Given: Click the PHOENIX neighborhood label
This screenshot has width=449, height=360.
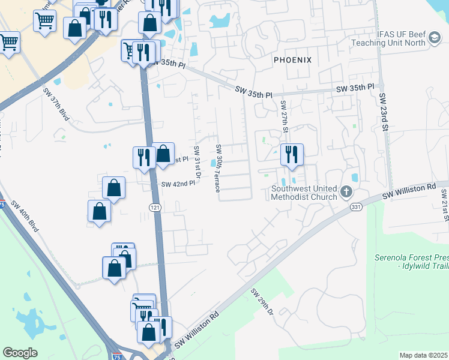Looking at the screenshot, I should tap(292, 60).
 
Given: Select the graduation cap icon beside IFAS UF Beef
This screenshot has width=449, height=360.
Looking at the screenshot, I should tap(433, 40).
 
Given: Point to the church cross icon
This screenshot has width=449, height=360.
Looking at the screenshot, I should tap(346, 192).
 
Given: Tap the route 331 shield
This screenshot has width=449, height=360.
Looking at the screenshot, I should tap(355, 206).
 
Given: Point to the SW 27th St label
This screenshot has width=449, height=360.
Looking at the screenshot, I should tap(285, 118).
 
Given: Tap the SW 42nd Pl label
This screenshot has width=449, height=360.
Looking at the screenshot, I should tap(178, 184).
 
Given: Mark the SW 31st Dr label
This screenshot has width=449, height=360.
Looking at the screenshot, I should tap(196, 161).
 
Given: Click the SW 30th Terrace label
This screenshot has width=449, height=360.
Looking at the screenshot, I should tap(218, 169).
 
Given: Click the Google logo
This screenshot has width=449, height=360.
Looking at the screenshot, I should tap(20, 353).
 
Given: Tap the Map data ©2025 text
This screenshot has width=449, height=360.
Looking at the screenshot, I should tap(423, 355).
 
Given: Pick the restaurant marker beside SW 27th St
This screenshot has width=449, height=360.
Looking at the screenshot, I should tap(292, 154).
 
